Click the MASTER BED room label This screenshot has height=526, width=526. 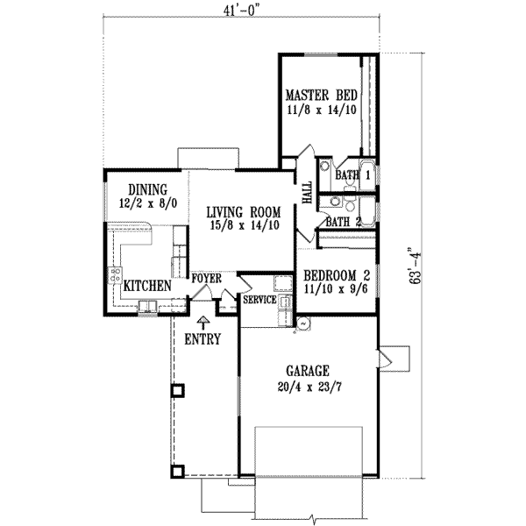(x=318, y=96)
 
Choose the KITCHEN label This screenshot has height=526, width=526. (x=146, y=286)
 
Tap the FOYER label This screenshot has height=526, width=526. (x=206, y=278)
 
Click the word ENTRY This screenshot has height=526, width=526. (x=203, y=339)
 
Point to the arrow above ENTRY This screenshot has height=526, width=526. (x=203, y=322)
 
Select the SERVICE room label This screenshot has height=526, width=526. (x=260, y=300)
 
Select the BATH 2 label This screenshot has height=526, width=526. (x=344, y=222)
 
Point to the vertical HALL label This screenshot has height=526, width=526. (x=308, y=193)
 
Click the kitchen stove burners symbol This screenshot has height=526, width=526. (x=114, y=275)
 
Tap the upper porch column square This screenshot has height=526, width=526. (x=177, y=389)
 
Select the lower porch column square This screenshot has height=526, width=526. (x=177, y=471)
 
